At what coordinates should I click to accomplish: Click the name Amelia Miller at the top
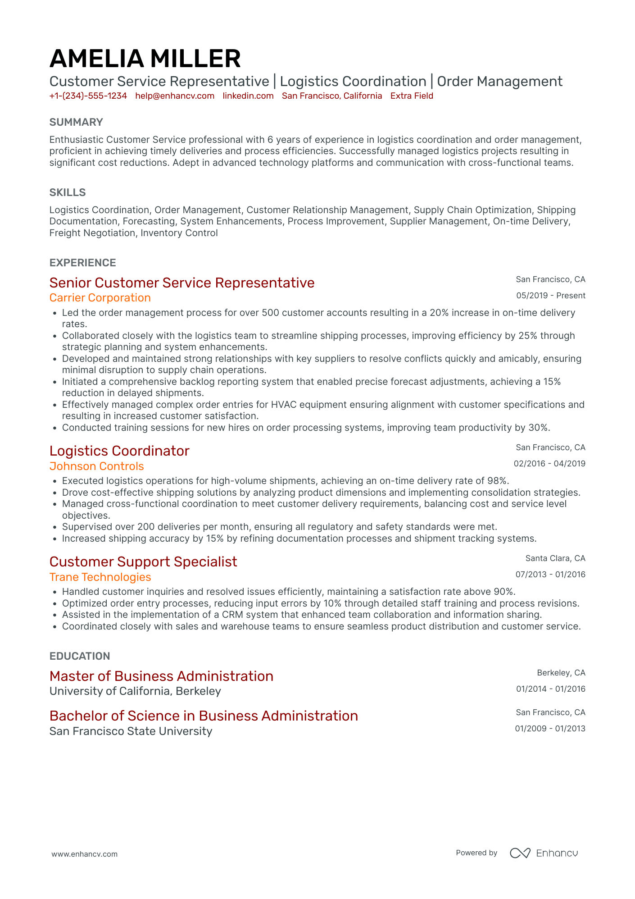(x=145, y=59)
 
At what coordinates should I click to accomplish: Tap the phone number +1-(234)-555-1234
(x=88, y=96)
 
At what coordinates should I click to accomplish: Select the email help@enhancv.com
(x=175, y=96)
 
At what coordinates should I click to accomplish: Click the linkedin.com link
(x=248, y=96)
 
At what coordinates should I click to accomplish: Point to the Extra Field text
(x=412, y=96)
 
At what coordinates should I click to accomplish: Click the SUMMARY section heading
(x=76, y=122)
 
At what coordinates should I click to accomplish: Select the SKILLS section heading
(x=68, y=192)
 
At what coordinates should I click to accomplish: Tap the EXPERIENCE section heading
(x=83, y=263)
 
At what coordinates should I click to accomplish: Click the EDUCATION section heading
(x=80, y=656)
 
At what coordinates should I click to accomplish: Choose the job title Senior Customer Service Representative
(x=182, y=283)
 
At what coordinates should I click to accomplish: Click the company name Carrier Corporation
(x=100, y=298)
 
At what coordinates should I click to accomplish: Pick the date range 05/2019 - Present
(x=551, y=296)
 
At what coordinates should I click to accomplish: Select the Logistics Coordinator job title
(x=119, y=451)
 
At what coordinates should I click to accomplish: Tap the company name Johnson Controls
(x=97, y=466)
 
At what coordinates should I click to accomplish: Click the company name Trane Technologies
(x=100, y=577)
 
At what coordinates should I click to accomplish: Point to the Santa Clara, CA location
(x=555, y=558)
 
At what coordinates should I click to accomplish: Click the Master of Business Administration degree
(x=161, y=676)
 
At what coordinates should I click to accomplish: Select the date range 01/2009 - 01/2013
(x=550, y=729)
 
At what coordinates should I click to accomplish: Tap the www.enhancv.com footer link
(x=84, y=854)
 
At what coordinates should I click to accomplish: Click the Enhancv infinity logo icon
(x=520, y=853)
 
